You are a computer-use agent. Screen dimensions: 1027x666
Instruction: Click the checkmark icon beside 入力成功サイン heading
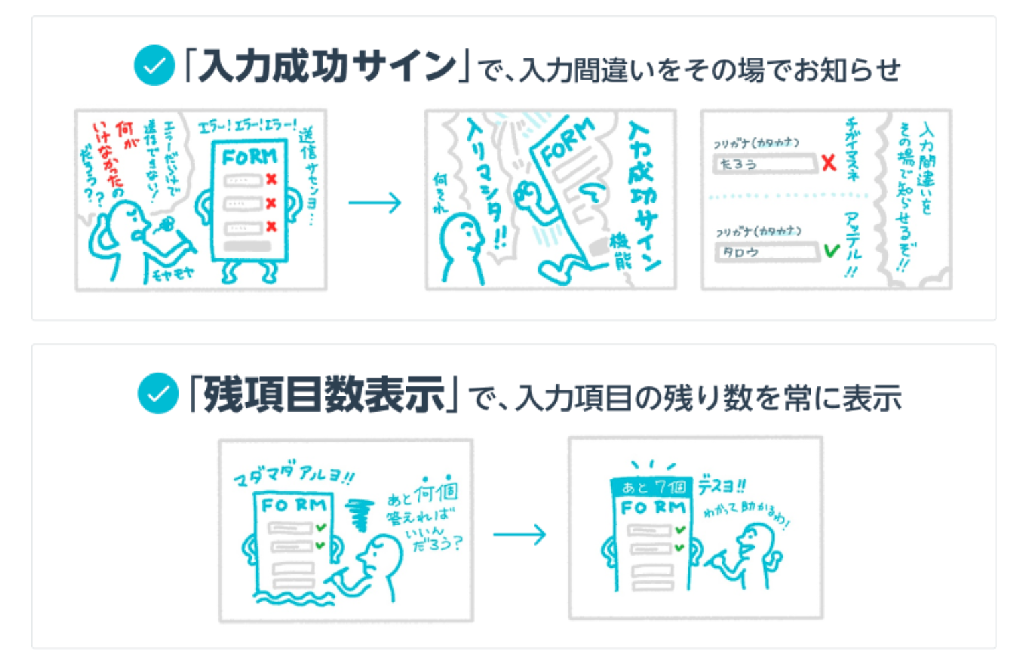(x=154, y=66)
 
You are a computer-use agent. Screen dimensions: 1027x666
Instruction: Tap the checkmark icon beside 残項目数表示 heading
(x=158, y=394)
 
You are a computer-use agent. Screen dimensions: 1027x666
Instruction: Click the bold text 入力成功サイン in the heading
(x=327, y=66)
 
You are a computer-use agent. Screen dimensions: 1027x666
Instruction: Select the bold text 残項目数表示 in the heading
(x=324, y=394)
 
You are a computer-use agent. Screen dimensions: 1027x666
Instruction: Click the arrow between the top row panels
(x=375, y=201)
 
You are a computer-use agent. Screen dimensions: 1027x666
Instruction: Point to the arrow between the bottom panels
(x=520, y=534)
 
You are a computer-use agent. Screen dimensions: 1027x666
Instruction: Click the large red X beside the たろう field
(x=829, y=163)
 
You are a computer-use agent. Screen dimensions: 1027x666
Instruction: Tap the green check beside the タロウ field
(x=831, y=251)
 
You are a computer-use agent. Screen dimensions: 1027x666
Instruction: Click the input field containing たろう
(x=765, y=164)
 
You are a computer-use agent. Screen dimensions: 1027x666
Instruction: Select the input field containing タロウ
(x=767, y=252)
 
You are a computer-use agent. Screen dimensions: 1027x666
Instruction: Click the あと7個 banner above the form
(x=652, y=487)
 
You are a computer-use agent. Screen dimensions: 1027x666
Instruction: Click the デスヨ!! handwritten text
(x=722, y=485)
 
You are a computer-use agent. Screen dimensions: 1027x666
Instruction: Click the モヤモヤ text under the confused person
(x=173, y=273)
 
